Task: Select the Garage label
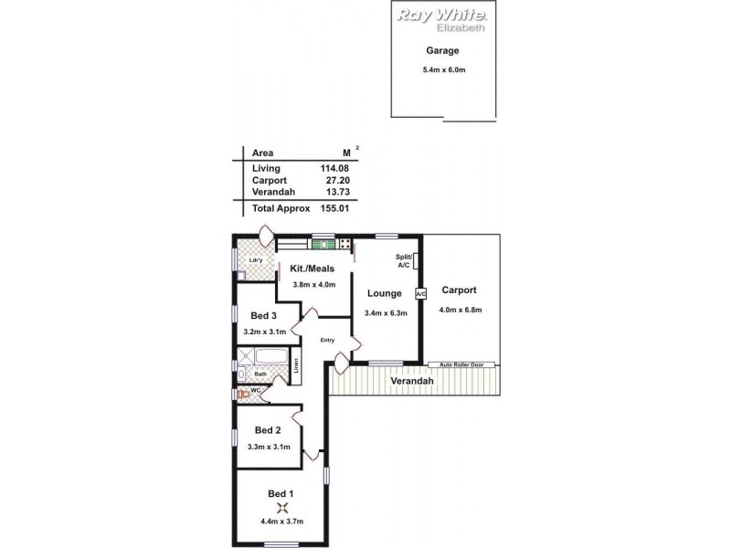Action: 441,51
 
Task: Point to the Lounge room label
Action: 384,294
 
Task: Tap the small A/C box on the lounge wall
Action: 421,294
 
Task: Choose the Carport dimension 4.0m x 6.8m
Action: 461,310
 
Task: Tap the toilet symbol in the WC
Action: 243,394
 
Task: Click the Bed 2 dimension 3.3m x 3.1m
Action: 269,447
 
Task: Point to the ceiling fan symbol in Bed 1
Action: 281,509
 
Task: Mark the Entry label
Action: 327,341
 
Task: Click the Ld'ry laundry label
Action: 256,260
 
